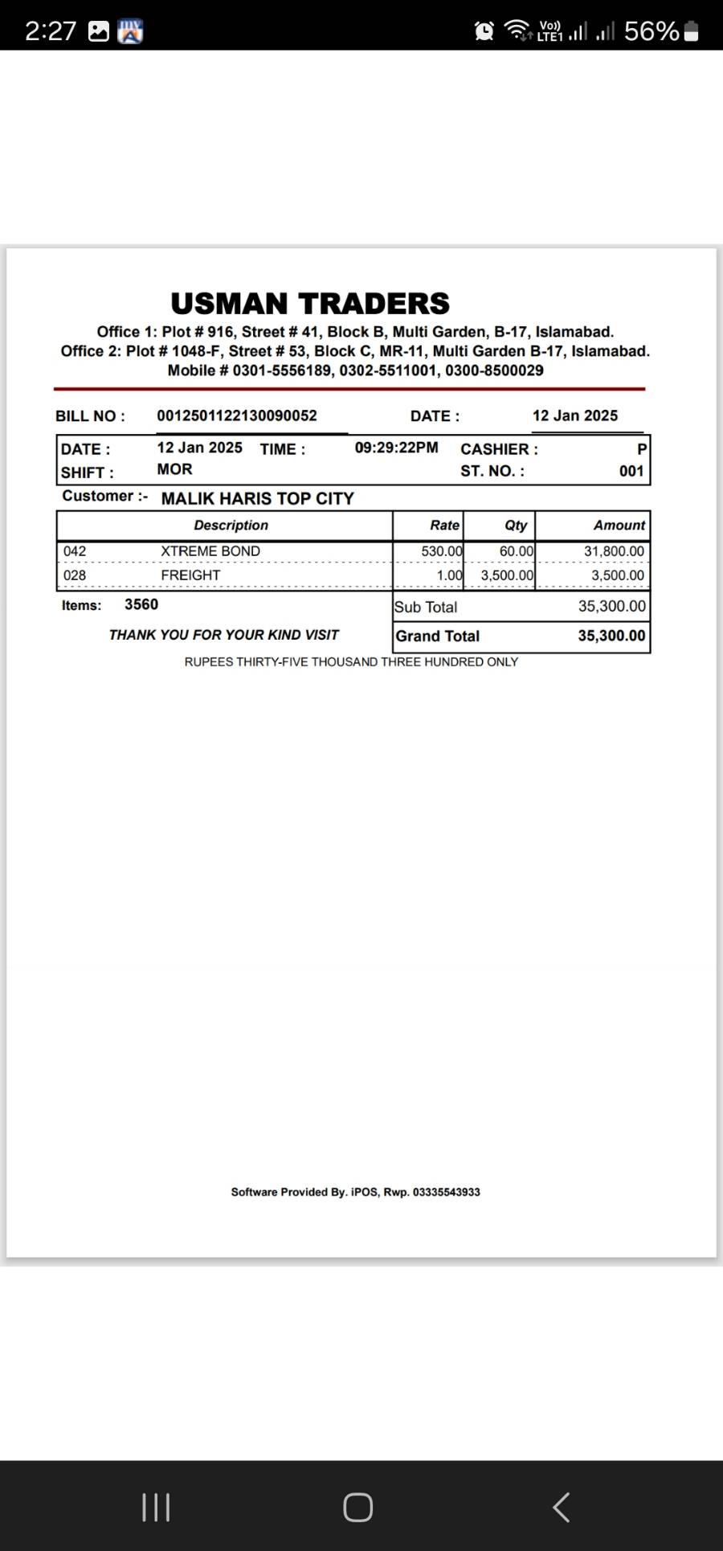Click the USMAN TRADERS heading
[x=310, y=304]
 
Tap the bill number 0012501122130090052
[x=237, y=415]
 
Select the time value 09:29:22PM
[x=397, y=448]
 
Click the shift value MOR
[x=174, y=469]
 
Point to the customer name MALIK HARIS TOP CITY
[x=257, y=498]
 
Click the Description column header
[x=231, y=526]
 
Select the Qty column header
[x=516, y=526]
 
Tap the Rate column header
[x=444, y=526]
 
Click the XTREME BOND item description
[x=210, y=551]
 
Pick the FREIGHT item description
[x=190, y=575]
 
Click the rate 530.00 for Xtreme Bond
[x=442, y=551]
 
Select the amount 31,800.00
[x=614, y=551]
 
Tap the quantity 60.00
[x=517, y=551]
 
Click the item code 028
[x=75, y=575]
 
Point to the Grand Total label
[x=437, y=636]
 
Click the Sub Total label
[x=426, y=608]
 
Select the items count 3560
[x=141, y=604]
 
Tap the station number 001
[x=631, y=471]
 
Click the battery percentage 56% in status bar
[x=652, y=31]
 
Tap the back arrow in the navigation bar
[x=562, y=1508]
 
